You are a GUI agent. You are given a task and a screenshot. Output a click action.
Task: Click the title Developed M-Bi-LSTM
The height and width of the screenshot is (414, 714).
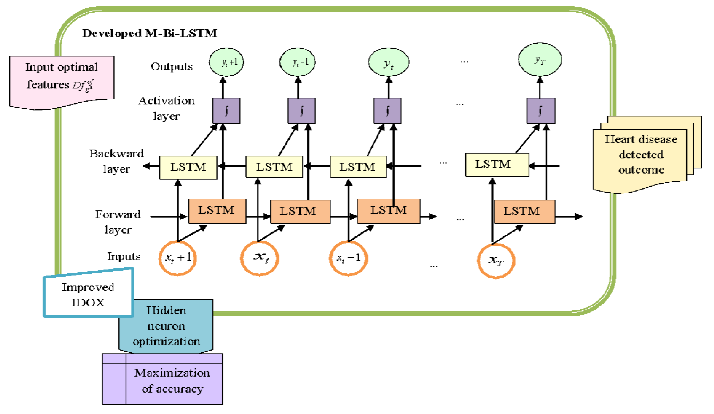coord(150,33)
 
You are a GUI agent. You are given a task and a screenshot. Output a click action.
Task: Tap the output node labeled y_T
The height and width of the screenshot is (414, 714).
coord(540,60)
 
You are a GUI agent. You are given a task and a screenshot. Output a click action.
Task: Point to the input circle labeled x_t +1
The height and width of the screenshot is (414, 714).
coord(178,258)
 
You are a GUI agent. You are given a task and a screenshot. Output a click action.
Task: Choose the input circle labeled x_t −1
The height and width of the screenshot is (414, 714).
coord(348,258)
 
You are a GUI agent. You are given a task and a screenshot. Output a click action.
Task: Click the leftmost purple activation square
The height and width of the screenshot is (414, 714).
coord(226,111)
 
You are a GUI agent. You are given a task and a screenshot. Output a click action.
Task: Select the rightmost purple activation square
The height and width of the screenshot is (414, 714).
coord(541,111)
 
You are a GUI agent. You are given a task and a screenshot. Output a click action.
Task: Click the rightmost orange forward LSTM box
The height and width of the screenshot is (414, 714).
coord(524,212)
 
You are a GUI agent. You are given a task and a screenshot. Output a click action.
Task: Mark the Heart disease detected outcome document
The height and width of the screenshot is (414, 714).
coord(640,156)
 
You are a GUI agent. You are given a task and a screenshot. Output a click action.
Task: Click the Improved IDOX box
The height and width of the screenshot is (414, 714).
coord(88,295)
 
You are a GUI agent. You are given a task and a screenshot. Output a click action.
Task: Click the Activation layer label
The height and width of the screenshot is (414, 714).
coord(166,108)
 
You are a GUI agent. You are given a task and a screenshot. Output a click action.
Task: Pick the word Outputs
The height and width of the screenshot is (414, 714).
coord(172,66)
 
